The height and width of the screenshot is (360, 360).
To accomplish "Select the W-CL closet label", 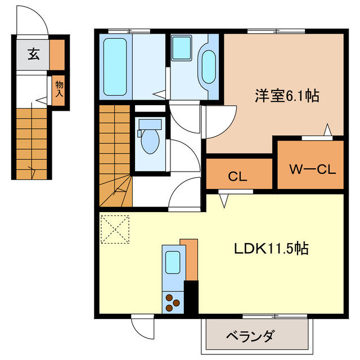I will pyautogui.click(x=312, y=169).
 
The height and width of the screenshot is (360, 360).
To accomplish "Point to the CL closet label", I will pyautogui.click(x=237, y=175).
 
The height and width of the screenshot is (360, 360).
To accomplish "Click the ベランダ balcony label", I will pyautogui.click(x=251, y=336).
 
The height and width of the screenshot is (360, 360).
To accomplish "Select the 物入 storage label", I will pyautogui.click(x=59, y=89).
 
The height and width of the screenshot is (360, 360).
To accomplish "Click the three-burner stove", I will pyautogui.click(x=172, y=304).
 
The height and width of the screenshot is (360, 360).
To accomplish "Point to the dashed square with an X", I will pyautogui.click(x=115, y=229).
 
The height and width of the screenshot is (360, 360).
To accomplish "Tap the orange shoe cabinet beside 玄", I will pyautogui.click(x=57, y=54).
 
